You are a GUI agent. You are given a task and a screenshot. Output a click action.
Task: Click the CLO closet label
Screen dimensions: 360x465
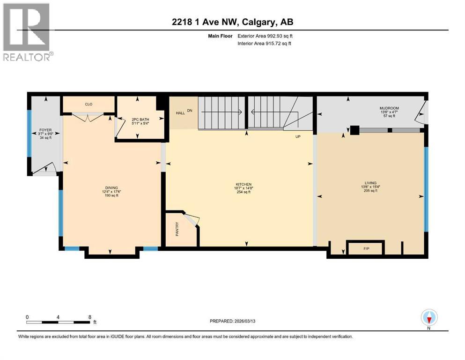[x=88, y=105]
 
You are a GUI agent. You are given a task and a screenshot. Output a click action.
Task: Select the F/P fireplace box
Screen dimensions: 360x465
[x=366, y=247]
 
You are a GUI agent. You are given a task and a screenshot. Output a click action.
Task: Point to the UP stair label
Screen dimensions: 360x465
[x=297, y=137]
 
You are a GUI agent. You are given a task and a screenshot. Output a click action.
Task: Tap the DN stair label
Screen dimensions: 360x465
[x=190, y=111]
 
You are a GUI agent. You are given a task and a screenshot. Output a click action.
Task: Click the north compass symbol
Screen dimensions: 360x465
[x=429, y=318]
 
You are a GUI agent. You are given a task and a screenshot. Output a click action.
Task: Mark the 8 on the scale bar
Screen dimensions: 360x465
[x=89, y=317]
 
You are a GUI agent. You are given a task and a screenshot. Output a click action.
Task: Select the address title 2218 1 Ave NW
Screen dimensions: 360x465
[x=232, y=22]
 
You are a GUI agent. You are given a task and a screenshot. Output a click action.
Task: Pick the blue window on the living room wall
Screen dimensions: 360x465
[x=426, y=189]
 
